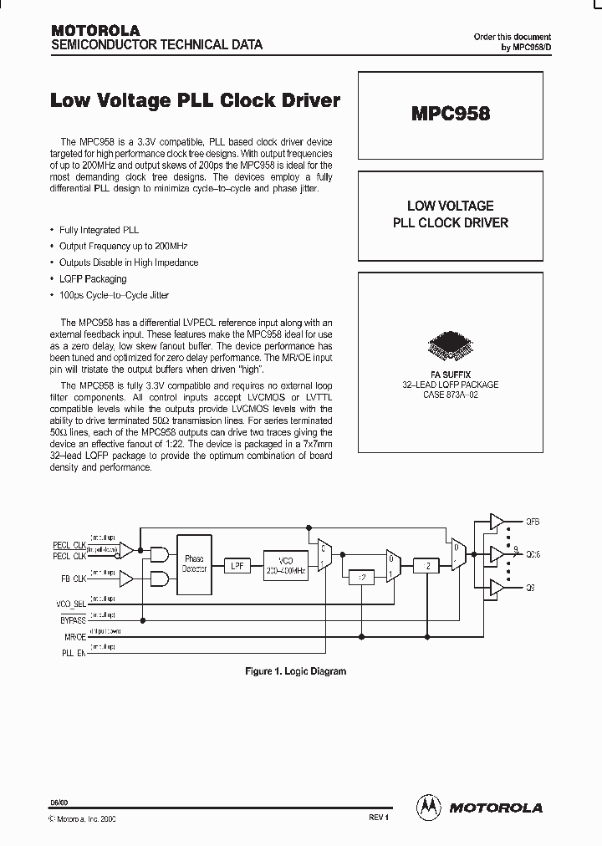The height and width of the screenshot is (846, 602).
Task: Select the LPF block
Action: pyautogui.click(x=238, y=566)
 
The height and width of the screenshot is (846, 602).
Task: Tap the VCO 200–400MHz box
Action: pyautogui.click(x=285, y=565)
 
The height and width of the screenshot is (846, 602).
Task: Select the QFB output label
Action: pyautogui.click(x=533, y=522)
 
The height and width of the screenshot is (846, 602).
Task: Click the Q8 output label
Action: pyautogui.click(x=530, y=589)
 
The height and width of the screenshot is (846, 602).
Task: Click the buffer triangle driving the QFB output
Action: pyautogui.click(x=496, y=522)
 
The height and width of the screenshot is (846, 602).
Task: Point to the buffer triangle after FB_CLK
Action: pyautogui.click(x=125, y=578)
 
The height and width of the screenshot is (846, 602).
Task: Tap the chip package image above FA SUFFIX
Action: pyautogui.click(x=450, y=344)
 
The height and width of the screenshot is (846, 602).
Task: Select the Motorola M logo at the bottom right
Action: pyautogui.click(x=429, y=808)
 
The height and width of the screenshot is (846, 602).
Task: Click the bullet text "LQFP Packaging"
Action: pyautogui.click(x=93, y=279)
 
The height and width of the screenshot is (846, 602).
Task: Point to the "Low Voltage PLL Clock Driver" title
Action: pyautogui.click(x=196, y=100)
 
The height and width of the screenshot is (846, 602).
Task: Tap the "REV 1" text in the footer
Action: pyautogui.click(x=379, y=817)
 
